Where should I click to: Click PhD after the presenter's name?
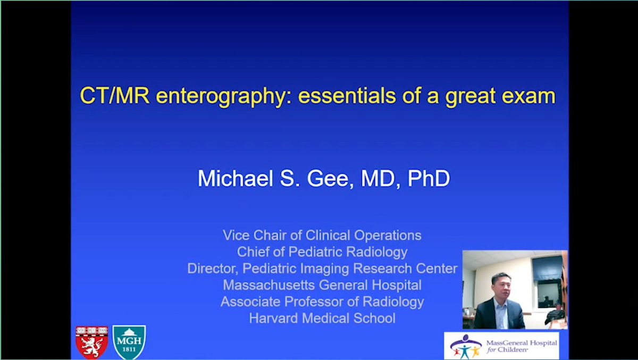pos(428,179)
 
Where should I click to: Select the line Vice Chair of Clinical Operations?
pos(322,236)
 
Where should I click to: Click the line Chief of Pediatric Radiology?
pos(322,252)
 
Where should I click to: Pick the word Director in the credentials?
pos(210,269)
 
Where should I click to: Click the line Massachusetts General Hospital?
pos(322,285)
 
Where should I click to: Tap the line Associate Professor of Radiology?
pos(322,302)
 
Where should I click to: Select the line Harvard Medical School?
pos(322,319)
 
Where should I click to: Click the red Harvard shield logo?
pos(91,341)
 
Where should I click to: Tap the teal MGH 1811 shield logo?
pos(129,341)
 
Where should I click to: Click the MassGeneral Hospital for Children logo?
pos(501,346)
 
